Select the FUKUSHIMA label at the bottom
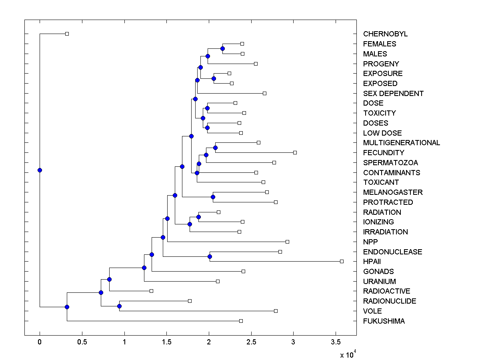tap(384, 321)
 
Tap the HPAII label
tap(372, 262)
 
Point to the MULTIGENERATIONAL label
tap(401, 143)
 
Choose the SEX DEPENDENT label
tap(393, 94)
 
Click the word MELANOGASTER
tap(393, 192)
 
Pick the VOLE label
tap(372, 311)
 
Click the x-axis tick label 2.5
tap(251, 342)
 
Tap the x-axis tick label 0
tap(40, 342)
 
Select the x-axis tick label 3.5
tap(336, 342)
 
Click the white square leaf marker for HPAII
tap(342, 261)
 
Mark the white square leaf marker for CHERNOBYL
tap(67, 34)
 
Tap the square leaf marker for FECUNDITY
tap(295, 152)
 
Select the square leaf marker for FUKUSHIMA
tap(241, 321)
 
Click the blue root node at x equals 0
tap(40, 170)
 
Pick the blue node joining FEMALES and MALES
tap(222, 48)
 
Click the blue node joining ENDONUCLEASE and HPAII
tap(210, 256)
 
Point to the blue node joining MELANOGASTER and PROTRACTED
tap(213, 197)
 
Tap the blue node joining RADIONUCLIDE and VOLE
tap(119, 306)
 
